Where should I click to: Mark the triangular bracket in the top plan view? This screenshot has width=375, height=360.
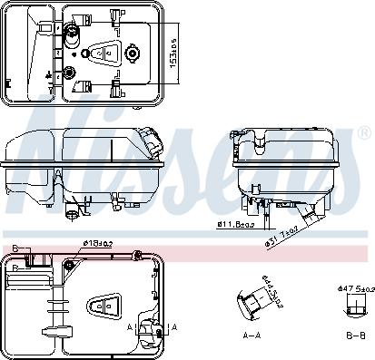(104, 54)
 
